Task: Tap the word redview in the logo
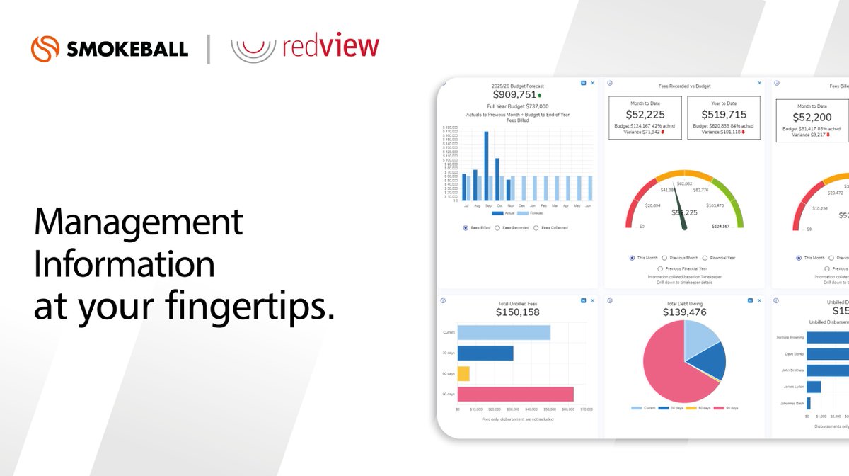pyautogui.click(x=330, y=48)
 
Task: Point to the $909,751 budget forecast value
pyautogui.click(x=514, y=94)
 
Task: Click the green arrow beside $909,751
pyautogui.click(x=539, y=95)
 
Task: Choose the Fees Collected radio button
pyautogui.click(x=536, y=228)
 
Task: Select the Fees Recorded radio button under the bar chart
pyautogui.click(x=497, y=228)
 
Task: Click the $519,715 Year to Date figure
pyautogui.click(x=724, y=114)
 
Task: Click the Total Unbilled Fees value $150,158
pyautogui.click(x=517, y=312)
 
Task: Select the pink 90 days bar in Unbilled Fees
pyautogui.click(x=515, y=394)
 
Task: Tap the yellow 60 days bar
pyautogui.click(x=463, y=373)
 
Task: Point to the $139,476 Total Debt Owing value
pyautogui.click(x=685, y=312)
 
